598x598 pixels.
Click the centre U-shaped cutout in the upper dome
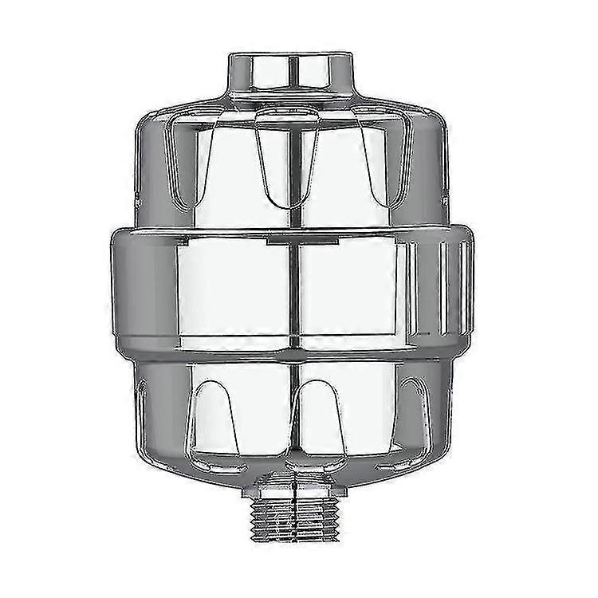point(288,155)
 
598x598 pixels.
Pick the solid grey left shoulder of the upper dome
point(148,159)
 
